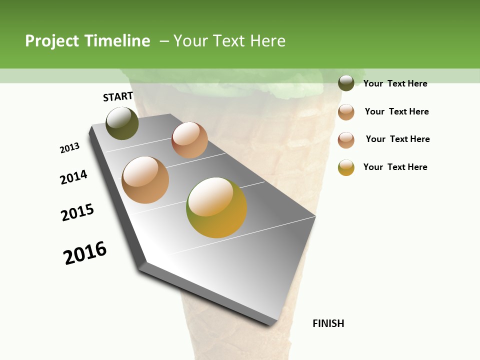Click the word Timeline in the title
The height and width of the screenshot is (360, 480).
pos(117,41)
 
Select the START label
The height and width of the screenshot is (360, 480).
pos(118,97)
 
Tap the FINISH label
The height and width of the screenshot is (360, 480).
pos(328,323)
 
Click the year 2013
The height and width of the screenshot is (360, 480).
pos(70,148)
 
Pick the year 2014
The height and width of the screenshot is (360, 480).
pos(74,177)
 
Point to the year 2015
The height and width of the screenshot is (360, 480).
pos(77,212)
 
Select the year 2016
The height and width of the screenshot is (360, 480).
pos(85,253)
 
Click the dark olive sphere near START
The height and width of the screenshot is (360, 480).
pos(122,123)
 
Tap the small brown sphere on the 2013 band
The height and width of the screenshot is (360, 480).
pos(189,140)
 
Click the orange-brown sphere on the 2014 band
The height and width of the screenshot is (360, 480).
pos(145,180)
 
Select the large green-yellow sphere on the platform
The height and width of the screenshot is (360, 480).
pos(216,207)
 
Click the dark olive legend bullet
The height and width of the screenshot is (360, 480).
pos(346,83)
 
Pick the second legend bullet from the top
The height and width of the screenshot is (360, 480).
pos(346,111)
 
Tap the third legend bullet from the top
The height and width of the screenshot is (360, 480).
pos(346,139)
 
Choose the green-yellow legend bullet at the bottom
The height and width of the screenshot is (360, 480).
pos(346,167)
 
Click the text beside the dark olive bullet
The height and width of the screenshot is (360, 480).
pos(395,83)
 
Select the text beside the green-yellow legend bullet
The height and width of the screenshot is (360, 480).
pos(395,167)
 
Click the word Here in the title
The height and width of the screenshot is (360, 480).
pos(267,41)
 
